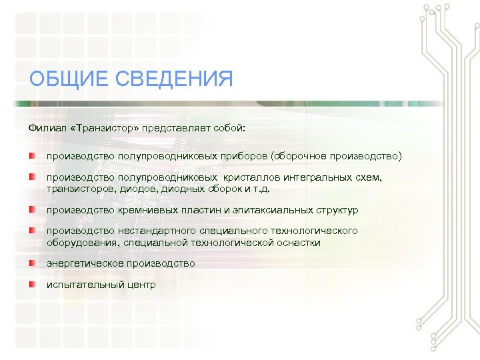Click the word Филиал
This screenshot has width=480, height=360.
click(x=45, y=127)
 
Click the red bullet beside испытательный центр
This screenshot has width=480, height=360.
click(x=32, y=285)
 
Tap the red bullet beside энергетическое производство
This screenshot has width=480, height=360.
click(x=32, y=263)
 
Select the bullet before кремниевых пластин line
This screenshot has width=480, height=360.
click(x=32, y=209)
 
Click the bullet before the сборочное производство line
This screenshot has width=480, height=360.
click(x=32, y=155)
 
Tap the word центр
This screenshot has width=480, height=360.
click(x=140, y=285)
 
